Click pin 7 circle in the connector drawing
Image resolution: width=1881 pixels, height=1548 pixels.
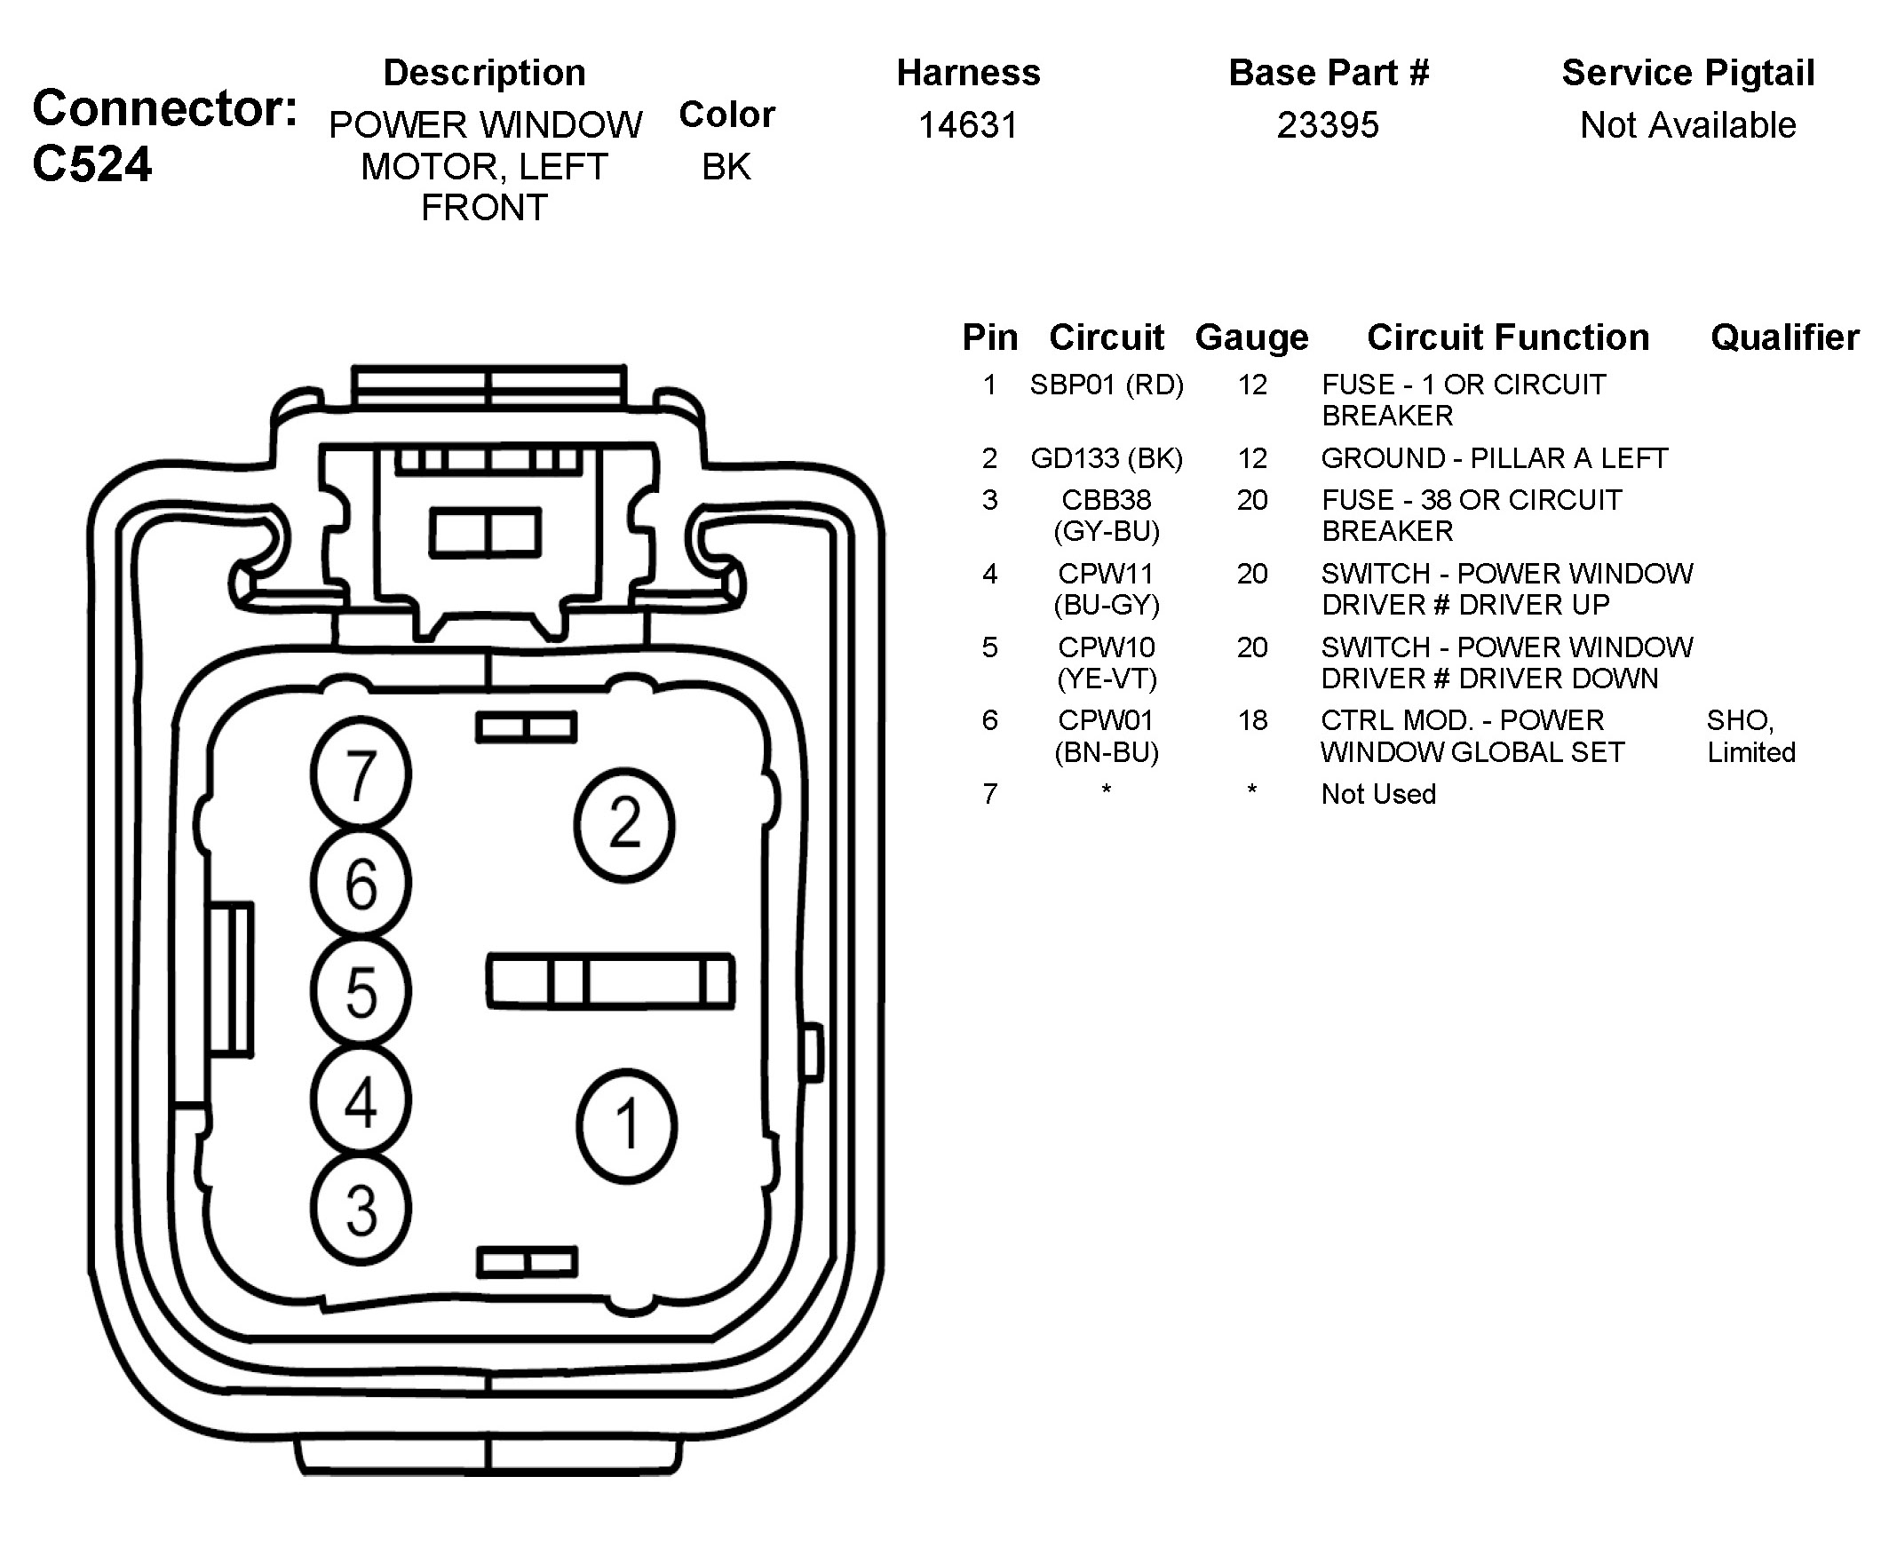361,774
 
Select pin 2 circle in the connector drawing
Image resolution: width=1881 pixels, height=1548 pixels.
624,825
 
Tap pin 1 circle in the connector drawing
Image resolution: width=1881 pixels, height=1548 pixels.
627,1125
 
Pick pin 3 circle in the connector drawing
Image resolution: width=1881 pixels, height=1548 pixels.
361,1210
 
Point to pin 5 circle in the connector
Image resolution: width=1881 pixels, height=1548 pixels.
361,991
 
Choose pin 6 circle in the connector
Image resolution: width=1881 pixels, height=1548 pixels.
361,883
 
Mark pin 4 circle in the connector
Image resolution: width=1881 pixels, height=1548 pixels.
361,1100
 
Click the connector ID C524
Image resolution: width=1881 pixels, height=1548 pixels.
91,165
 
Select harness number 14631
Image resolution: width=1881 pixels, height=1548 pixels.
968,126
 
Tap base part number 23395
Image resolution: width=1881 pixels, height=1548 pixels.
1328,126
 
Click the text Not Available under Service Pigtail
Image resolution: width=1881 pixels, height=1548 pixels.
1687,126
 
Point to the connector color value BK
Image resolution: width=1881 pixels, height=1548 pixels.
726,167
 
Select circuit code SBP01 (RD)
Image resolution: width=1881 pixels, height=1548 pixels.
1107,385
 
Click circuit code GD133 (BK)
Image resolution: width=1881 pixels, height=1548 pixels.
1107,458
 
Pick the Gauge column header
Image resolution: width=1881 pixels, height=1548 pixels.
1251,337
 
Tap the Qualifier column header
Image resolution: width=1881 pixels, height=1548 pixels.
1785,337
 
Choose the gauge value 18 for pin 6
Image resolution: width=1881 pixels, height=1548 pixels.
1251,720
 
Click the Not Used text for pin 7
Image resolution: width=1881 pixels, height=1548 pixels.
1378,794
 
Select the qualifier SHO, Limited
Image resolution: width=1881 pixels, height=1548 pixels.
1750,735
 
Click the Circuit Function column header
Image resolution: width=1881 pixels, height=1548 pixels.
1507,337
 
